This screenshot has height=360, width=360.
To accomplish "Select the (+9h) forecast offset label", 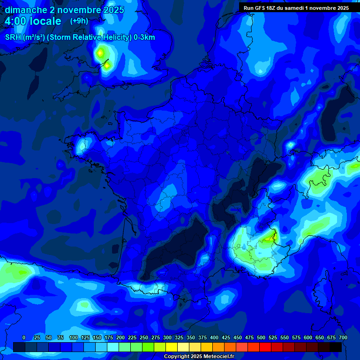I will (x=79, y=21).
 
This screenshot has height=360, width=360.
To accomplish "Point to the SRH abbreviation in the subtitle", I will (x=13, y=37).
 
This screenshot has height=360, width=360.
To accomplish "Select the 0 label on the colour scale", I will (x=24, y=337).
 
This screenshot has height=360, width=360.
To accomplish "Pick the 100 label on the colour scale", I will (x=74, y=337).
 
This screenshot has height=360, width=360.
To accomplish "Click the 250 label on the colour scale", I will (x=144, y=337).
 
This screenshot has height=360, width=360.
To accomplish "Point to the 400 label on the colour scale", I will (x=214, y=337).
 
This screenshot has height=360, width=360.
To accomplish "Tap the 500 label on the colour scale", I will (x=261, y=337).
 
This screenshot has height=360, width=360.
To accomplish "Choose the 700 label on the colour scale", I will (x=343, y=337).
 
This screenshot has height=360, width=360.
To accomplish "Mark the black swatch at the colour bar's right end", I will (x=336, y=347).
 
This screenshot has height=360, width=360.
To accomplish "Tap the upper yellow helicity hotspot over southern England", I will (x=100, y=53).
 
